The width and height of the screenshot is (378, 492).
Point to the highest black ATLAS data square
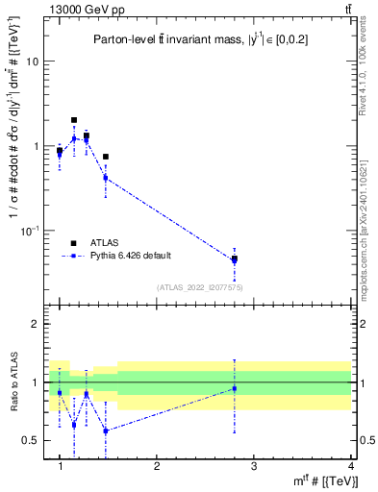pyautogui.click(x=74, y=120)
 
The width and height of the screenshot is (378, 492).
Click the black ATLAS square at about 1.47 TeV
pyautogui.click(x=105, y=157)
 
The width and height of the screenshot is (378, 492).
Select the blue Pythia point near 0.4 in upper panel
pyautogui.click(x=105, y=178)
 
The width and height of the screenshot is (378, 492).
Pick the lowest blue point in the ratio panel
pyautogui.click(x=105, y=430)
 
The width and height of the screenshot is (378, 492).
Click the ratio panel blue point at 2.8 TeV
pyautogui.click(x=235, y=388)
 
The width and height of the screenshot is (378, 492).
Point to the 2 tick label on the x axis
pyautogui.click(x=157, y=466)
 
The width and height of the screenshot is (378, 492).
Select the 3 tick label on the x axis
pyautogui.click(x=254, y=466)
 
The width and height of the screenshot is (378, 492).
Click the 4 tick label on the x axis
pyautogui.click(x=350, y=466)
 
